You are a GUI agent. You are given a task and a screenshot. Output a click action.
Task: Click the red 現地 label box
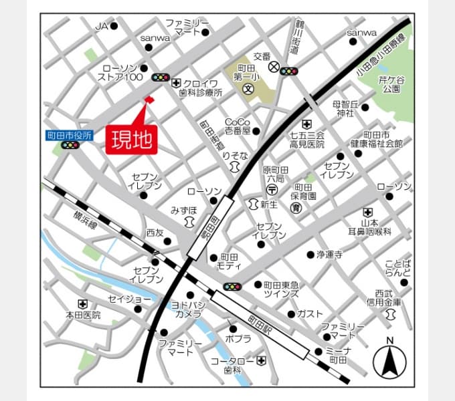pyautogui.click(x=131, y=140)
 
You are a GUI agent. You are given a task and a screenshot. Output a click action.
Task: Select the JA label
pyautogui.click(x=101, y=26)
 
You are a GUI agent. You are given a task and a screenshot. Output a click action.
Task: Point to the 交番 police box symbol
pyautogui.click(x=273, y=67)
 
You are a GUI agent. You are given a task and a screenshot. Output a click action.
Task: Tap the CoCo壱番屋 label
pyautogui.click(x=237, y=126)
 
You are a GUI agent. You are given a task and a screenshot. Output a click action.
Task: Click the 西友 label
pyautogui.click(x=155, y=233)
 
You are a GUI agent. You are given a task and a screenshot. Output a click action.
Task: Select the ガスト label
pyautogui.click(x=310, y=313)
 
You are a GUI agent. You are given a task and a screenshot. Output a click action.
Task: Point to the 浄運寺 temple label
pyautogui.click(x=329, y=254)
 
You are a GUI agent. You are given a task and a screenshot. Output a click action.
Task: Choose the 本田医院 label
pyautogui.click(x=83, y=315)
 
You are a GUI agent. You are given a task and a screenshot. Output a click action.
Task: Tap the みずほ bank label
pyautogui.click(x=183, y=210)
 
